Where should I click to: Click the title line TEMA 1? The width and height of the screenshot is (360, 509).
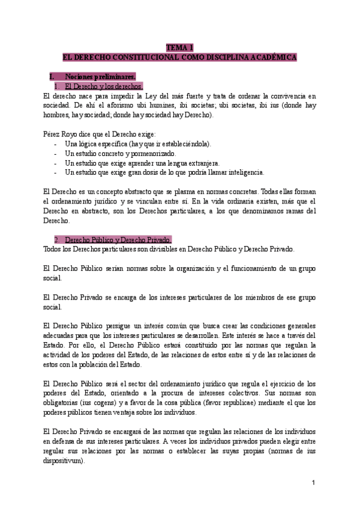click(x=179, y=47)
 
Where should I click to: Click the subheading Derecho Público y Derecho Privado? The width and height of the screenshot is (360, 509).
click(x=118, y=239)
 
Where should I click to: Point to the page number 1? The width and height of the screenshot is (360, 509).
click(x=313, y=483)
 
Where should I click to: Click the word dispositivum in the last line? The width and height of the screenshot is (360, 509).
click(x=65, y=462)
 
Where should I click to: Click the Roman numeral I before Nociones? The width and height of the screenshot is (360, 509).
click(x=54, y=76)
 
